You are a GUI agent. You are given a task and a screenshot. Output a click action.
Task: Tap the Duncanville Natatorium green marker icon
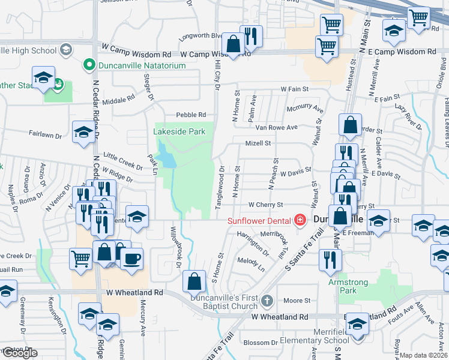(89, 64)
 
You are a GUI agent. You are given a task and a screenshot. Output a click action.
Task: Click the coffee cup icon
(132, 259)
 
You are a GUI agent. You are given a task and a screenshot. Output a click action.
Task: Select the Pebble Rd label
(191, 115)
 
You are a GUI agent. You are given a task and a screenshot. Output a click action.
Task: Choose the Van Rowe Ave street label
(276, 127)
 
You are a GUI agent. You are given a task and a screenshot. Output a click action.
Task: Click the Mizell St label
(258, 143)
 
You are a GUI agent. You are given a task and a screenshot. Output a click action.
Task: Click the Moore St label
(297, 300)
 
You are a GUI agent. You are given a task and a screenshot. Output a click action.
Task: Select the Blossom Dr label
(259, 343)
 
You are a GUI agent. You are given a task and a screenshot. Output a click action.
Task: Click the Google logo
(20, 353)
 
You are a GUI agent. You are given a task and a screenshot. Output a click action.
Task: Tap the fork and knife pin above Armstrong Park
(330, 259)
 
